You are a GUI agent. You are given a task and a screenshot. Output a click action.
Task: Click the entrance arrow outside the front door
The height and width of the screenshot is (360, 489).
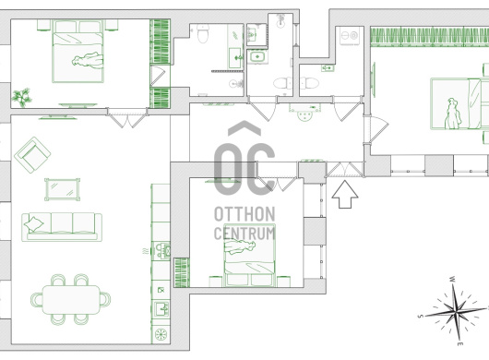pyautogui.click(x=345, y=194)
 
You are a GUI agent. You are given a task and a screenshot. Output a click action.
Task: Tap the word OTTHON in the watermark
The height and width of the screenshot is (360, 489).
pyautogui.click(x=244, y=214)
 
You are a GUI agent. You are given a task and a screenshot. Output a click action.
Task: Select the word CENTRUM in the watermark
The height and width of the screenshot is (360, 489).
pyautogui.click(x=244, y=233)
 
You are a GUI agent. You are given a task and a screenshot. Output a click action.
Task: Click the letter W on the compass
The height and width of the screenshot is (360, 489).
pyautogui.click(x=452, y=279)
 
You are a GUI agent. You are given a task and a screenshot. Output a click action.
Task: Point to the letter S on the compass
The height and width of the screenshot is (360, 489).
pyautogui.click(x=421, y=316)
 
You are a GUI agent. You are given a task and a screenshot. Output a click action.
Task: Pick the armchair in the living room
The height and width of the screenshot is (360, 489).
pyautogui.click(x=32, y=155)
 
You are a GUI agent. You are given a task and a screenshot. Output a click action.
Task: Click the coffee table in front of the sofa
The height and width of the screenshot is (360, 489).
pyautogui.click(x=63, y=189)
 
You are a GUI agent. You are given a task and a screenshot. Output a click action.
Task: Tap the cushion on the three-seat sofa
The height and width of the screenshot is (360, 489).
pyautogui.click(x=34, y=224)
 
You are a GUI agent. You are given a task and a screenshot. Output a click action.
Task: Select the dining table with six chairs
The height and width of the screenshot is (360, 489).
pyautogui.click(x=70, y=299)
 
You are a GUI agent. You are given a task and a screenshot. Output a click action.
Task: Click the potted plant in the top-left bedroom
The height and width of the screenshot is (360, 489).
pyautogui.click(x=22, y=97)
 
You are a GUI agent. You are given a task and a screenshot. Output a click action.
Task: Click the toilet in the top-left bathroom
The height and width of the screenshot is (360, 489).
pyautogui.click(x=203, y=33)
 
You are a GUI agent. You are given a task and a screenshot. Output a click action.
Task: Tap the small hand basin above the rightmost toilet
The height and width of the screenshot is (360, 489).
pyautogui.click(x=328, y=67)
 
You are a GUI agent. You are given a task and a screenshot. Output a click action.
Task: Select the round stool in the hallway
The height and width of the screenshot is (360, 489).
pyautogui.click(x=304, y=116)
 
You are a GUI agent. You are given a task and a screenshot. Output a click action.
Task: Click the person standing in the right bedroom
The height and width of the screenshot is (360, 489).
pyautogui.click(x=453, y=114)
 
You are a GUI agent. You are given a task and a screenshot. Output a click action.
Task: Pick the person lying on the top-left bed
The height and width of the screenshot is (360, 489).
pyautogui.click(x=88, y=60)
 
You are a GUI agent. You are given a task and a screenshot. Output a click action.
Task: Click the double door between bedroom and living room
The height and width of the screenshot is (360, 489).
pyautogui.click(x=127, y=117)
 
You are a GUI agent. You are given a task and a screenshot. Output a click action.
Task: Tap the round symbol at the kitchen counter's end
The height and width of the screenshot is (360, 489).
pyautogui.click(x=161, y=334)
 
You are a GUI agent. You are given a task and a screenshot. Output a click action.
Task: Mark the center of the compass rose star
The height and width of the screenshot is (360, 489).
pyautogui.click(x=457, y=311)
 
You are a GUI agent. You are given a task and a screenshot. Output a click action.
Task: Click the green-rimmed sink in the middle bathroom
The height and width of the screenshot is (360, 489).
pyautogui.click(x=257, y=57)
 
